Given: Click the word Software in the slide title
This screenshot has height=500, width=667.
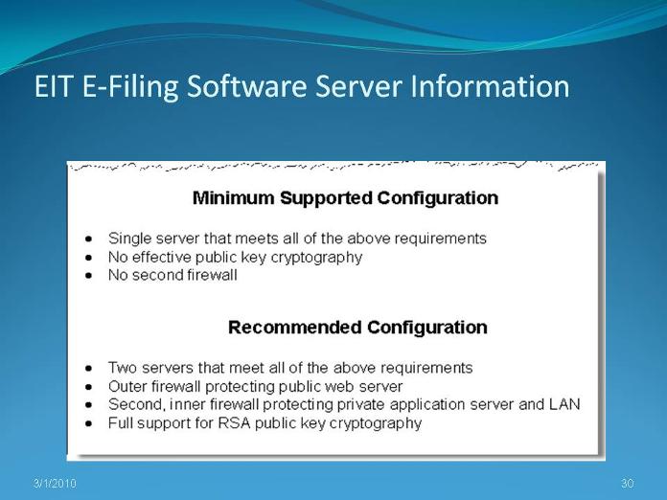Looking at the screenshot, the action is [246, 86].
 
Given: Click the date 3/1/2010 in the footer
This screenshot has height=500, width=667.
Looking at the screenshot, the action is [55, 484].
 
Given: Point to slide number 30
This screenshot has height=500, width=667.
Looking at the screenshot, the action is [628, 484].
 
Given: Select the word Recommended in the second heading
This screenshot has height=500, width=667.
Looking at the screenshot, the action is [295, 328].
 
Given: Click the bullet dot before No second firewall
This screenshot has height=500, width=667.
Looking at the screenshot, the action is [88, 276].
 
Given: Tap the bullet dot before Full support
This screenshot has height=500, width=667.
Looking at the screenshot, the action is [88, 424].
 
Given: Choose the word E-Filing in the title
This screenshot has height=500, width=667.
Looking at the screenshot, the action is [130, 87].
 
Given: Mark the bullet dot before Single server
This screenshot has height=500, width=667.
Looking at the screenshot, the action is [88, 239].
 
